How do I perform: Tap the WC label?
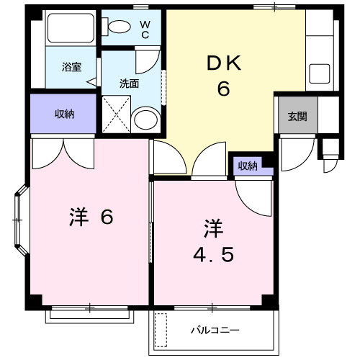[x=144, y=29]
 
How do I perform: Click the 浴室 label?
[x=71, y=67]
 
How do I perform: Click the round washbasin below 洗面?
[x=147, y=119]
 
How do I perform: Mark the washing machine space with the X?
[x=116, y=114]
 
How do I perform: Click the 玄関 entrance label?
[x=297, y=116]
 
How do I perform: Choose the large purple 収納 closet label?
[x=64, y=114]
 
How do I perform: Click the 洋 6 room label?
[x=91, y=216]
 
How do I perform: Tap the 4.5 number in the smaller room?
[x=214, y=256]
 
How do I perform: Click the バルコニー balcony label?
[x=215, y=330]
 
